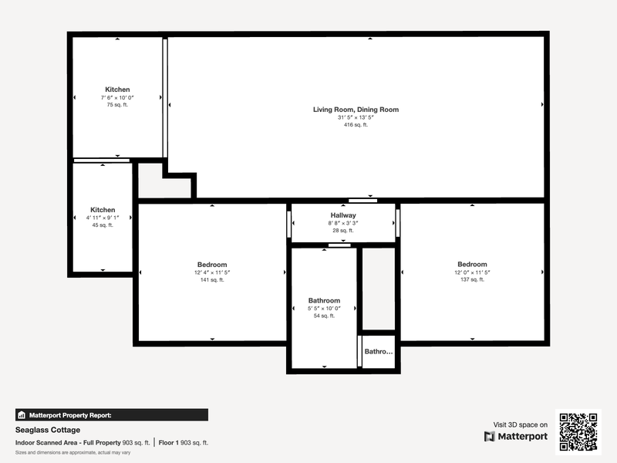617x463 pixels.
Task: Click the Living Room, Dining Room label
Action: pyautogui.click(x=356, y=110)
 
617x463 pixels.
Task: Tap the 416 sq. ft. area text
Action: pyautogui.click(x=356, y=125)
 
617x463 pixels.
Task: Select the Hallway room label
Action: pyautogui.click(x=343, y=215)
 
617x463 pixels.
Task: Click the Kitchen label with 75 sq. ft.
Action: pyautogui.click(x=117, y=90)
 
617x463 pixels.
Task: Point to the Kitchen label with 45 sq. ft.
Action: pyautogui.click(x=103, y=210)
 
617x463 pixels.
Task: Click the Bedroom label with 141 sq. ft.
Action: pyautogui.click(x=212, y=265)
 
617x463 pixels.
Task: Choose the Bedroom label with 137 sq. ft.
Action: pyautogui.click(x=472, y=264)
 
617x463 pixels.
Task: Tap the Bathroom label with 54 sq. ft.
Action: pyautogui.click(x=324, y=300)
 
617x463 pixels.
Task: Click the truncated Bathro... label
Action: pyautogui.click(x=379, y=352)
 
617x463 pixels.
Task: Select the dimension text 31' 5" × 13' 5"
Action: pyautogui.click(x=356, y=117)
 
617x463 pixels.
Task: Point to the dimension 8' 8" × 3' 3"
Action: pyautogui.click(x=343, y=223)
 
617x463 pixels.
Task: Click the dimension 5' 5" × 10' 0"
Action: pyautogui.click(x=324, y=308)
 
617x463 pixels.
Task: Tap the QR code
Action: pyautogui.click(x=578, y=432)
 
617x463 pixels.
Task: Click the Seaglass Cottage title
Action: pyautogui.click(x=48, y=430)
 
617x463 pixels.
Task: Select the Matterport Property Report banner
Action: pyautogui.click(x=112, y=415)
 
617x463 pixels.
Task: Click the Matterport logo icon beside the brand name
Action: pyautogui.click(x=490, y=436)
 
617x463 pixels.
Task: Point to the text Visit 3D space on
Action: pyautogui.click(x=520, y=425)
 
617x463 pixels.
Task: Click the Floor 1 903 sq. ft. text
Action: pyautogui.click(x=184, y=442)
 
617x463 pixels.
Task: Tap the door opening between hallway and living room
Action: pyautogui.click(x=362, y=201)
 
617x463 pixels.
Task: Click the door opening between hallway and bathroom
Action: pyautogui.click(x=339, y=245)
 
